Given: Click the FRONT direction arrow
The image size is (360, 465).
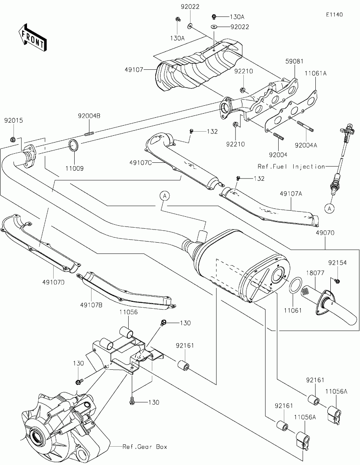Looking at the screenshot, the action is [32, 37].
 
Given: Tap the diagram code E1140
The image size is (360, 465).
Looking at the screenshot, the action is [334, 15].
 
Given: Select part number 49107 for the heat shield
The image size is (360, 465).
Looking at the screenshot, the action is [134, 69].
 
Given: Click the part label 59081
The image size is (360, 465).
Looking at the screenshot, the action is [294, 61].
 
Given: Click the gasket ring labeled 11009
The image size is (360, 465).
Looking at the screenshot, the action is [73, 145].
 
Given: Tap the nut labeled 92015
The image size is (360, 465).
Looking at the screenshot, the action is [12, 140].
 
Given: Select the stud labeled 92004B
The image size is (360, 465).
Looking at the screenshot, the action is [89, 134].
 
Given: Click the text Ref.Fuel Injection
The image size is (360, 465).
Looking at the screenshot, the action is [291, 166].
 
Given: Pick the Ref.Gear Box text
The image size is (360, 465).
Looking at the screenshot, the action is [145, 447].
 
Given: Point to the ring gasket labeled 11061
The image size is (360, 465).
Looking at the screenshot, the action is [295, 285].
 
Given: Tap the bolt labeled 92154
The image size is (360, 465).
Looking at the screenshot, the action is [337, 281].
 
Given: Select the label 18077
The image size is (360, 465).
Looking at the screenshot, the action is [315, 273].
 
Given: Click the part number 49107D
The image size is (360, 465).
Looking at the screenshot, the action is [54, 282].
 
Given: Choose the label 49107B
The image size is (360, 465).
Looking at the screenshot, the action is [91, 305].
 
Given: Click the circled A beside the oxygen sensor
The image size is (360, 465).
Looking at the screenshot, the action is [329, 208].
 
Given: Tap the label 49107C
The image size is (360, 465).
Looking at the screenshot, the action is [140, 163].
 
